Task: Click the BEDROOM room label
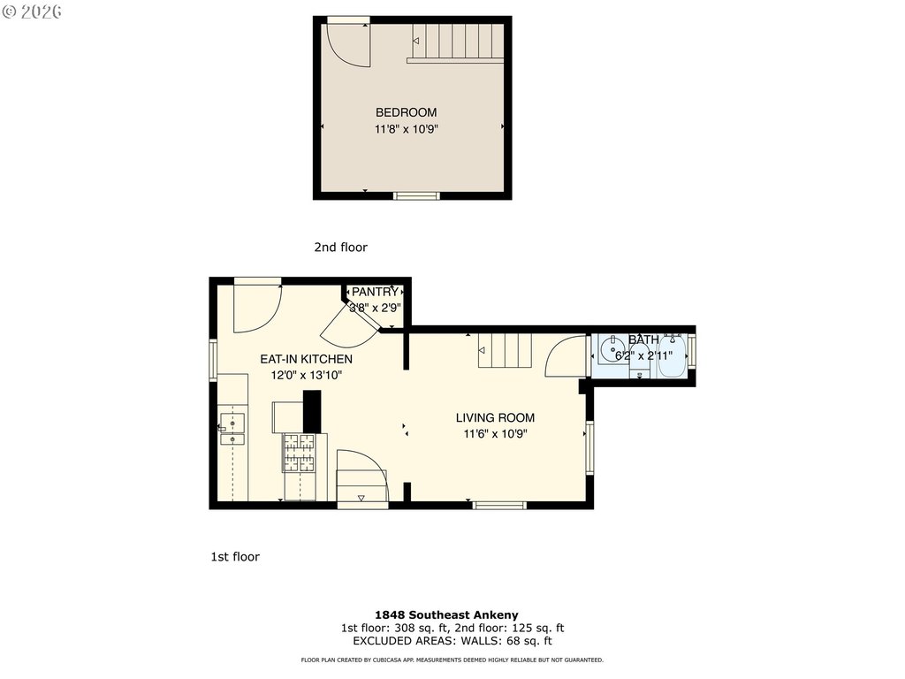click(x=406, y=112)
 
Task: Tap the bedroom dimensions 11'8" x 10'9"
click(x=407, y=129)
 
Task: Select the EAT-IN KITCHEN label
click(x=306, y=359)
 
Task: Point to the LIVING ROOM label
click(x=495, y=418)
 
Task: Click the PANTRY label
click(x=375, y=292)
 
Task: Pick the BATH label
click(x=643, y=339)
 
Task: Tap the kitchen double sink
click(x=232, y=429)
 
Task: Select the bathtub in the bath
click(x=673, y=355)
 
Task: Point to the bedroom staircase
click(x=455, y=42)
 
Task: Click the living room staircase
click(x=505, y=350)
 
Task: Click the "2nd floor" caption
click(x=340, y=248)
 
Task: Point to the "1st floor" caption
click(x=235, y=557)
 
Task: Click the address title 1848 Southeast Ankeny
click(x=446, y=615)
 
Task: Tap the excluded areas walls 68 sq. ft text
click(x=452, y=641)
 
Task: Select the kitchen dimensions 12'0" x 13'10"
click(x=307, y=375)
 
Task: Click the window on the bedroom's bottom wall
click(x=416, y=196)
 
